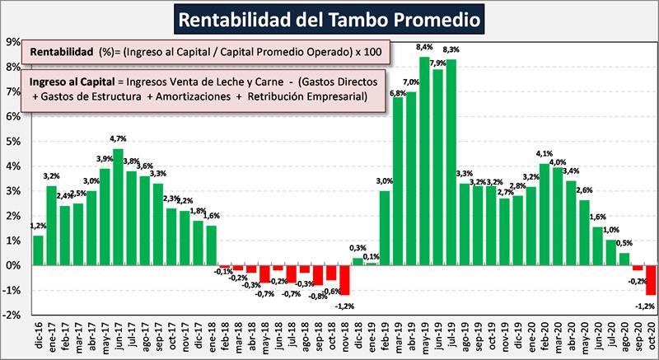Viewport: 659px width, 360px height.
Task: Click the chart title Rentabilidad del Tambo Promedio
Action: (x=330, y=17)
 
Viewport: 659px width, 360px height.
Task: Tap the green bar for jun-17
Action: (x=118, y=206)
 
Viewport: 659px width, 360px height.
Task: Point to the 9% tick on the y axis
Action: (x=14, y=41)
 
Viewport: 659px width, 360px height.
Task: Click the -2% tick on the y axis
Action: (x=12, y=316)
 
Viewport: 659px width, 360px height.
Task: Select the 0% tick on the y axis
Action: (x=14, y=265)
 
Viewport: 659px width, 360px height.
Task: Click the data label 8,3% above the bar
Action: (x=451, y=50)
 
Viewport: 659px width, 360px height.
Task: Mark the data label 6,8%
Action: (x=397, y=92)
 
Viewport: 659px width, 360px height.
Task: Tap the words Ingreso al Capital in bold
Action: (x=72, y=83)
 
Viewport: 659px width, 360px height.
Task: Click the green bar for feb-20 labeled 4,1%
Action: (x=544, y=214)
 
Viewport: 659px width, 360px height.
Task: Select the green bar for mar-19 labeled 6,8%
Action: (x=398, y=181)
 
